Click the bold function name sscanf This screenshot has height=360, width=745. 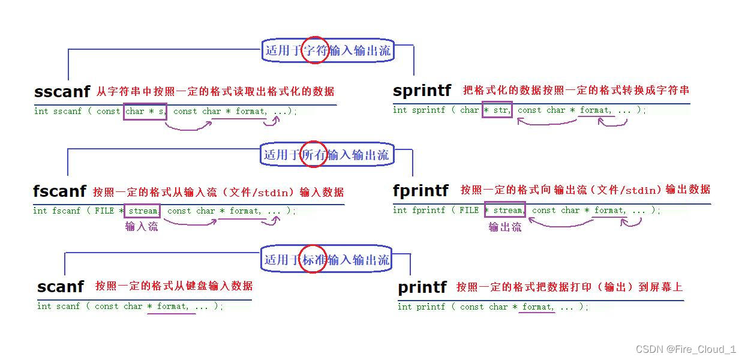62,91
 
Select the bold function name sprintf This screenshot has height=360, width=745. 422,90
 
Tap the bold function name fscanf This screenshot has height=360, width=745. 59,191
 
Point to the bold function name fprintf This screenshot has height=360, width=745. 420,190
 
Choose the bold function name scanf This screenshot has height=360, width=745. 60,286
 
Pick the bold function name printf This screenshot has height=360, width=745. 422,287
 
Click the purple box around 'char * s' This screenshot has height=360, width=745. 145,111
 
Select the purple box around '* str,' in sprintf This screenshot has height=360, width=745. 497,110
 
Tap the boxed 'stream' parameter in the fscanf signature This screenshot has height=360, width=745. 142,211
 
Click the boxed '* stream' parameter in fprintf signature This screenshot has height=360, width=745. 504,210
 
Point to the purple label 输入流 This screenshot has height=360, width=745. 142,226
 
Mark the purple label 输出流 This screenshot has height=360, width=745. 504,227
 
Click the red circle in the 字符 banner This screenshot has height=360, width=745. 314,50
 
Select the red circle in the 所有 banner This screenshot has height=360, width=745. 313,154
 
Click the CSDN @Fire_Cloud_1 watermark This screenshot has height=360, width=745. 686,349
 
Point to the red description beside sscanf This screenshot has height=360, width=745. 215,91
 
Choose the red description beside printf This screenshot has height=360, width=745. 569,287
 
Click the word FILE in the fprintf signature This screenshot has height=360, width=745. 469,210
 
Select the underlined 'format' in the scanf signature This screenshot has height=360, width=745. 172,306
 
